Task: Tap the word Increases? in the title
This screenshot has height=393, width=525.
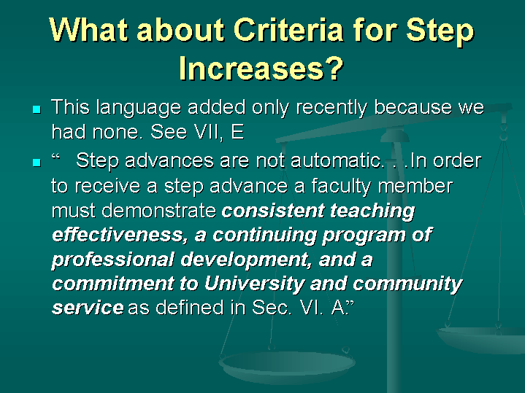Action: pyautogui.click(x=261, y=69)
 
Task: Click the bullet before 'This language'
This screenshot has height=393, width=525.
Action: pyautogui.click(x=36, y=109)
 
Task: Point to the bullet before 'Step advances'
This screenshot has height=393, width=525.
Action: pyautogui.click(x=36, y=162)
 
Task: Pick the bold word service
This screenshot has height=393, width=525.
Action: pyautogui.click(x=88, y=308)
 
